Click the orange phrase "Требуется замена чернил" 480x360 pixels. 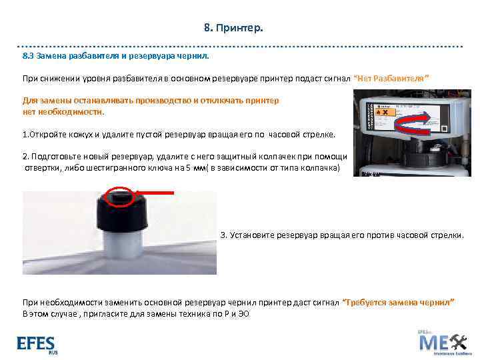(x=398, y=303)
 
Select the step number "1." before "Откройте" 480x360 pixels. (x=25, y=134)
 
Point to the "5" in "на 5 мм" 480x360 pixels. (x=189, y=168)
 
